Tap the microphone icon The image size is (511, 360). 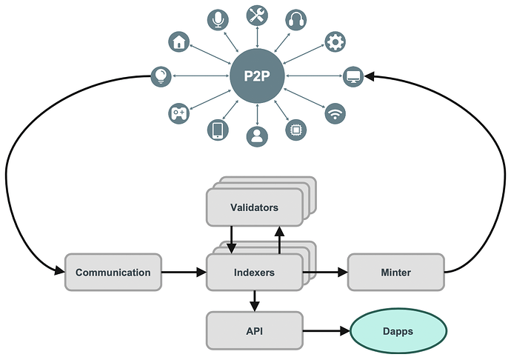(x=218, y=20)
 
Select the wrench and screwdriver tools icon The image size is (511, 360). (x=257, y=14)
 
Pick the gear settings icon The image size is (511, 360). (x=335, y=42)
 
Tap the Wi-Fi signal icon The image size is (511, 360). (x=335, y=113)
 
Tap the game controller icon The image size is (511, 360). (x=178, y=113)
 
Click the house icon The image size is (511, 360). (x=178, y=41)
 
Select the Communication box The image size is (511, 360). (x=113, y=272)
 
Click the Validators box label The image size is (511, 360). (x=254, y=207)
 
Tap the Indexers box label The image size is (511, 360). (x=254, y=272)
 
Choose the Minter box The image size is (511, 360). (x=395, y=272)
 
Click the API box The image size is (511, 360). (x=254, y=330)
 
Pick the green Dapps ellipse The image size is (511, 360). (x=398, y=330)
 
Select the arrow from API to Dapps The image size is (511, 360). (x=326, y=330)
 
